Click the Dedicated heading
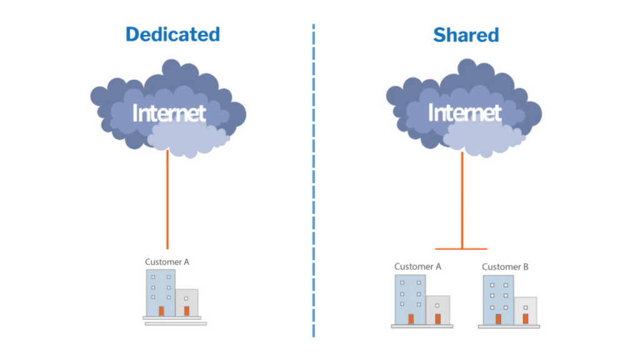tap(172, 34)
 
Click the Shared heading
tap(466, 35)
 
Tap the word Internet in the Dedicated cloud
tap(169, 112)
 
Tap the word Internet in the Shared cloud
tap(464, 112)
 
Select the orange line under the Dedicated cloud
tap(167, 199)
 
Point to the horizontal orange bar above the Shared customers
tap(461, 249)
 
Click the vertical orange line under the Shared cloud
tap(462, 200)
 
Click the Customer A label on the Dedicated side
tap(167, 262)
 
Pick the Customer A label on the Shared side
tap(417, 266)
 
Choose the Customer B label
tap(505, 267)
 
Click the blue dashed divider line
tap(314, 181)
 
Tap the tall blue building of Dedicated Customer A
tap(161, 292)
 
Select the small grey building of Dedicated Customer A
tap(187, 302)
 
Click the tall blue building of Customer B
tap(498, 300)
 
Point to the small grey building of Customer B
tap(525, 311)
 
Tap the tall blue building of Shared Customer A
tap(410, 299)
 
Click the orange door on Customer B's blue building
tap(498, 319)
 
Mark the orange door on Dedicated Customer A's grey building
tap(186, 311)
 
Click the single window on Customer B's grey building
tap(525, 307)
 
